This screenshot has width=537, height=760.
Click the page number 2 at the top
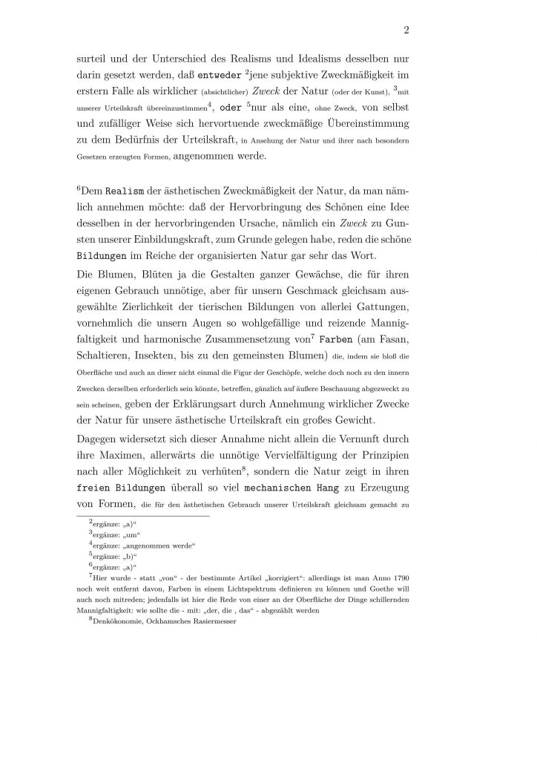click(x=407, y=30)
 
